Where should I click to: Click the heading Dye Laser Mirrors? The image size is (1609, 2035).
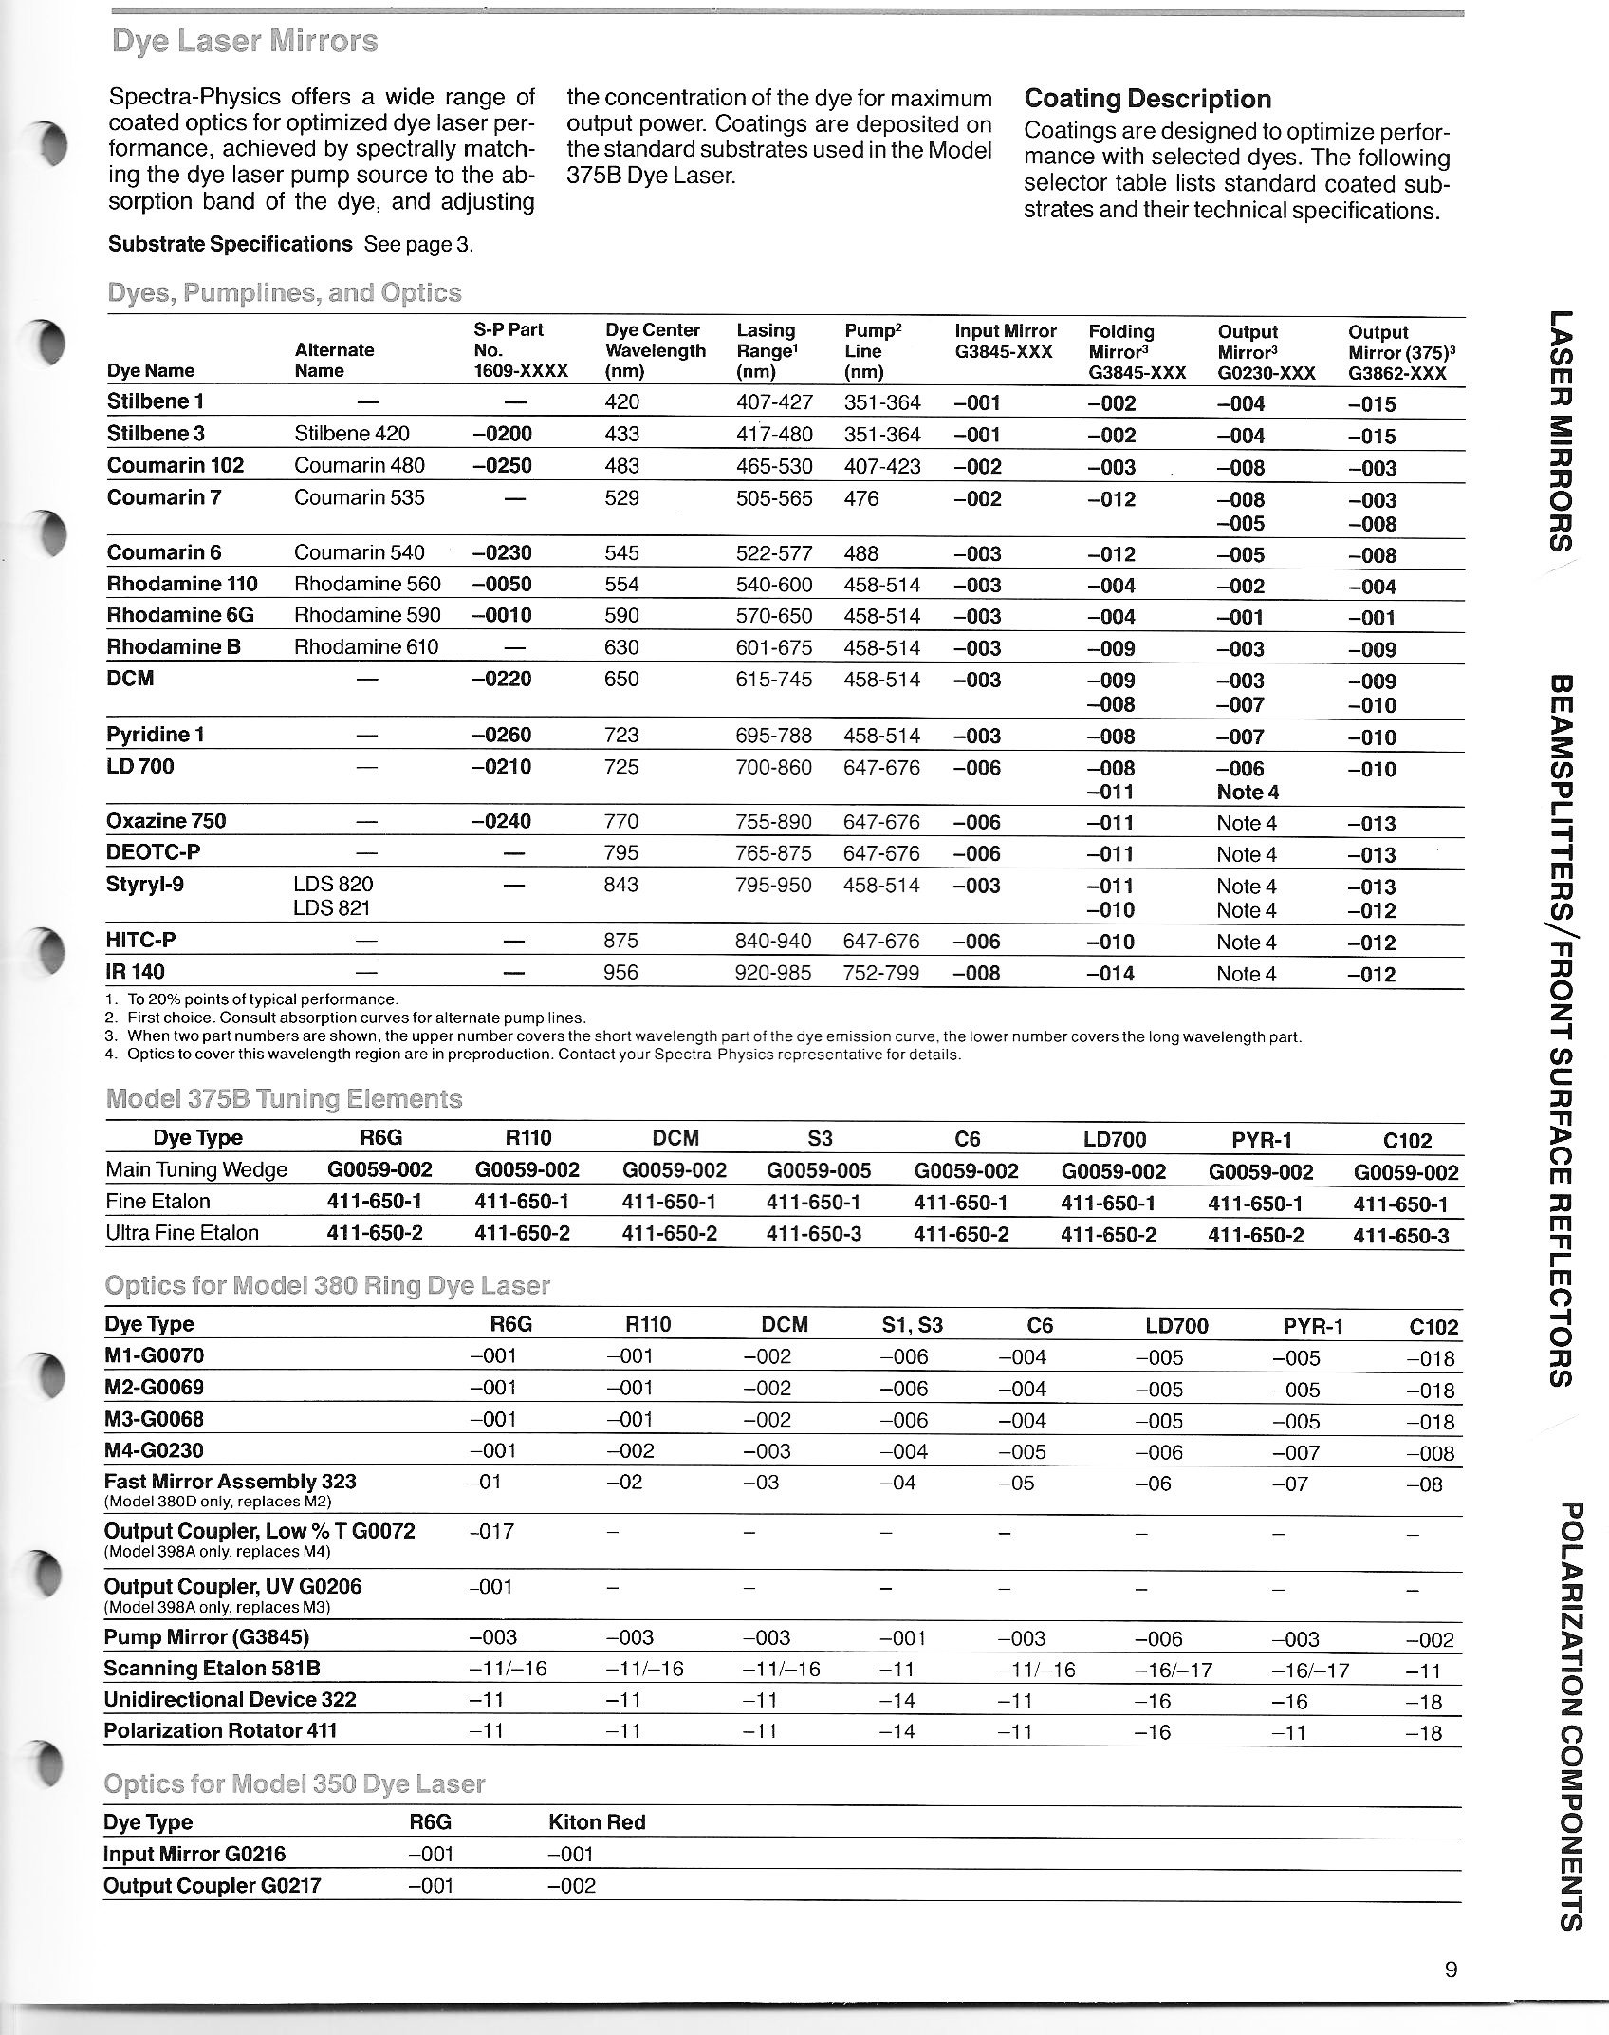click(244, 42)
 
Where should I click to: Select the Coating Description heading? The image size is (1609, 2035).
click(1148, 100)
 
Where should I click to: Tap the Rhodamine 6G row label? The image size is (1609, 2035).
click(180, 615)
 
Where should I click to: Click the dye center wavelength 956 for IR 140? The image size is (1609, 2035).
click(622, 972)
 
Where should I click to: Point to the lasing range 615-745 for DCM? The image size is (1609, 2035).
click(774, 680)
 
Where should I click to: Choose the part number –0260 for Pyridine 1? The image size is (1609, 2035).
click(502, 735)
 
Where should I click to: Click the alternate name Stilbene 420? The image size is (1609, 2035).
click(352, 434)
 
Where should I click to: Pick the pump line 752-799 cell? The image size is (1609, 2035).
click(882, 972)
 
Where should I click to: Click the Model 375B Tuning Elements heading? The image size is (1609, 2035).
click(285, 1099)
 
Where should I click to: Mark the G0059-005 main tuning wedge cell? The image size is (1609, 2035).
click(819, 1171)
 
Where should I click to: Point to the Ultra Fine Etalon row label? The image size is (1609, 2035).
click(182, 1233)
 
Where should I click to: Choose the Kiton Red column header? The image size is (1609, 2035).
click(597, 1822)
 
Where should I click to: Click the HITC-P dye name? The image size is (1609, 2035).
click(141, 940)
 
